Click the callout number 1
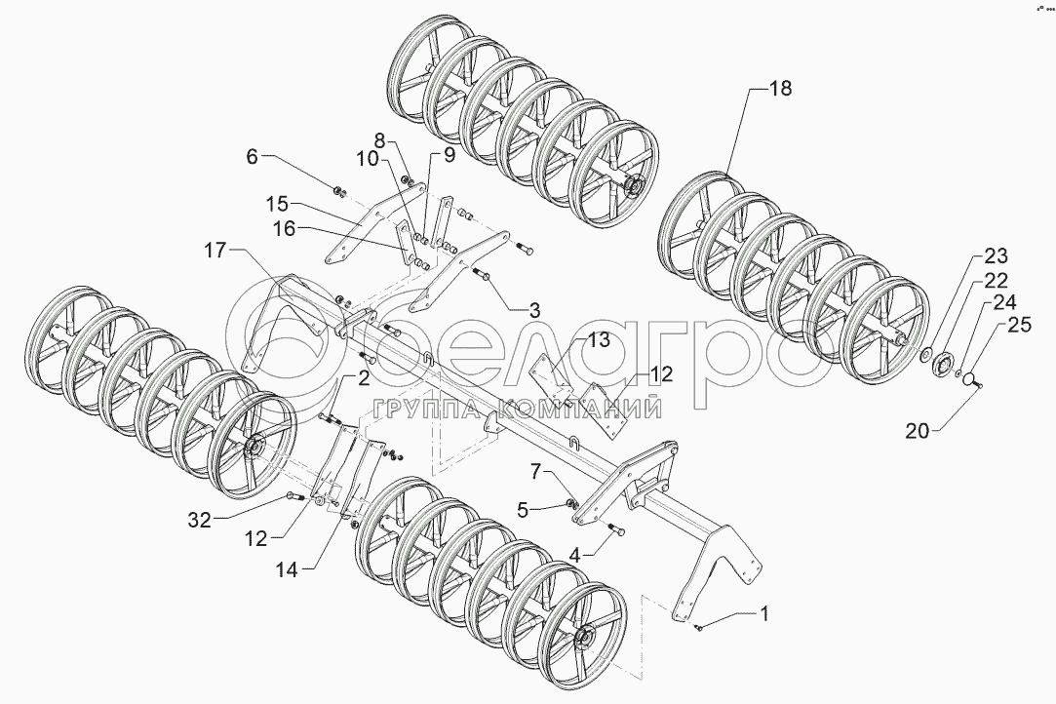tap(764, 614)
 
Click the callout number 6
tap(253, 157)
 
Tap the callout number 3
tap(534, 311)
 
